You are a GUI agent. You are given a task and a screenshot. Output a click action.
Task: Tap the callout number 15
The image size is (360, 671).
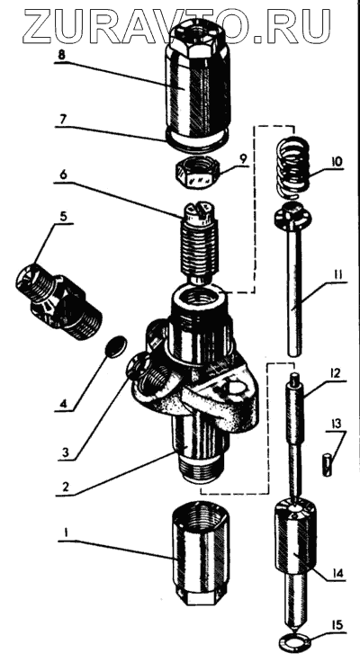(x=337, y=626)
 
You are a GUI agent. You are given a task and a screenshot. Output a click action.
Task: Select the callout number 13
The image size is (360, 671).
(x=337, y=424)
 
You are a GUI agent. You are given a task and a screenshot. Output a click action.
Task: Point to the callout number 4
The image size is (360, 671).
(x=63, y=403)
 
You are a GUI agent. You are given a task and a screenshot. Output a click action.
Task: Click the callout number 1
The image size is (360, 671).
(x=66, y=533)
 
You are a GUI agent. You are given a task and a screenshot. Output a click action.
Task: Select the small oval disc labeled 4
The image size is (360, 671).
(x=116, y=346)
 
